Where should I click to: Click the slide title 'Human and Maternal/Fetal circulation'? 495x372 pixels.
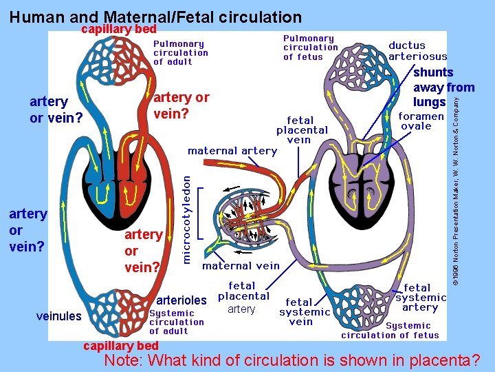(x=156, y=17)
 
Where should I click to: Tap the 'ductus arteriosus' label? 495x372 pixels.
(x=417, y=51)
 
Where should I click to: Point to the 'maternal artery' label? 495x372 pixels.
(x=232, y=151)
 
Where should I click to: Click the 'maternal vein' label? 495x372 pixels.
(x=241, y=265)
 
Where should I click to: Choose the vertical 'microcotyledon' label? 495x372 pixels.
(x=186, y=217)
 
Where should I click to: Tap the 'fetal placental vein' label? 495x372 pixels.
(x=302, y=130)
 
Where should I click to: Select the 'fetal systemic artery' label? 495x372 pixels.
(x=421, y=297)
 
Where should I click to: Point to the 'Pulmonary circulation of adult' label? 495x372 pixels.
(x=180, y=52)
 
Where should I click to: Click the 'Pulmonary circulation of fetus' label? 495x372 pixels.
(x=311, y=48)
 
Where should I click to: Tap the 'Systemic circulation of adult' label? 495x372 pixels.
(x=177, y=322)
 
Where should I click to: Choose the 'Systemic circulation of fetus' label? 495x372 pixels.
(x=390, y=331)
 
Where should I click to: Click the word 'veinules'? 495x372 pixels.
(x=58, y=316)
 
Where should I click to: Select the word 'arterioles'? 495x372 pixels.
(x=181, y=300)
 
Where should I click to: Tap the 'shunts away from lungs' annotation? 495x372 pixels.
(x=443, y=87)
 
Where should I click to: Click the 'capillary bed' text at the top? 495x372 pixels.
(x=119, y=29)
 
